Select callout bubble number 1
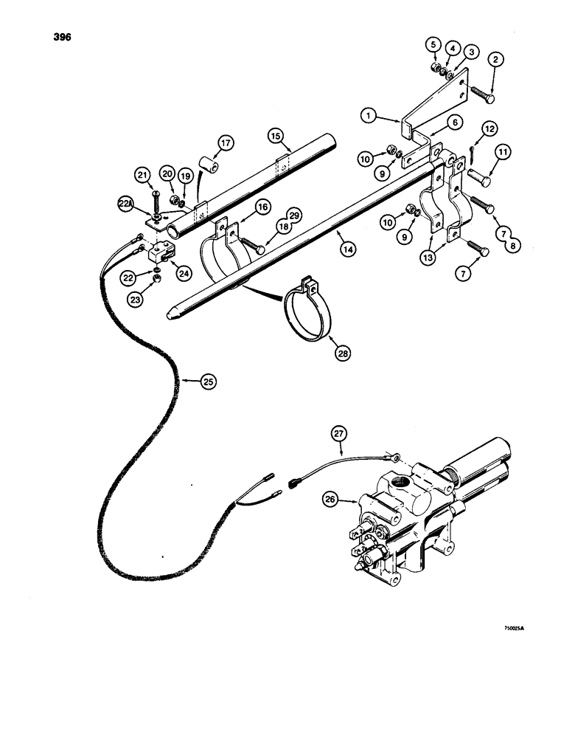click(369, 115)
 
